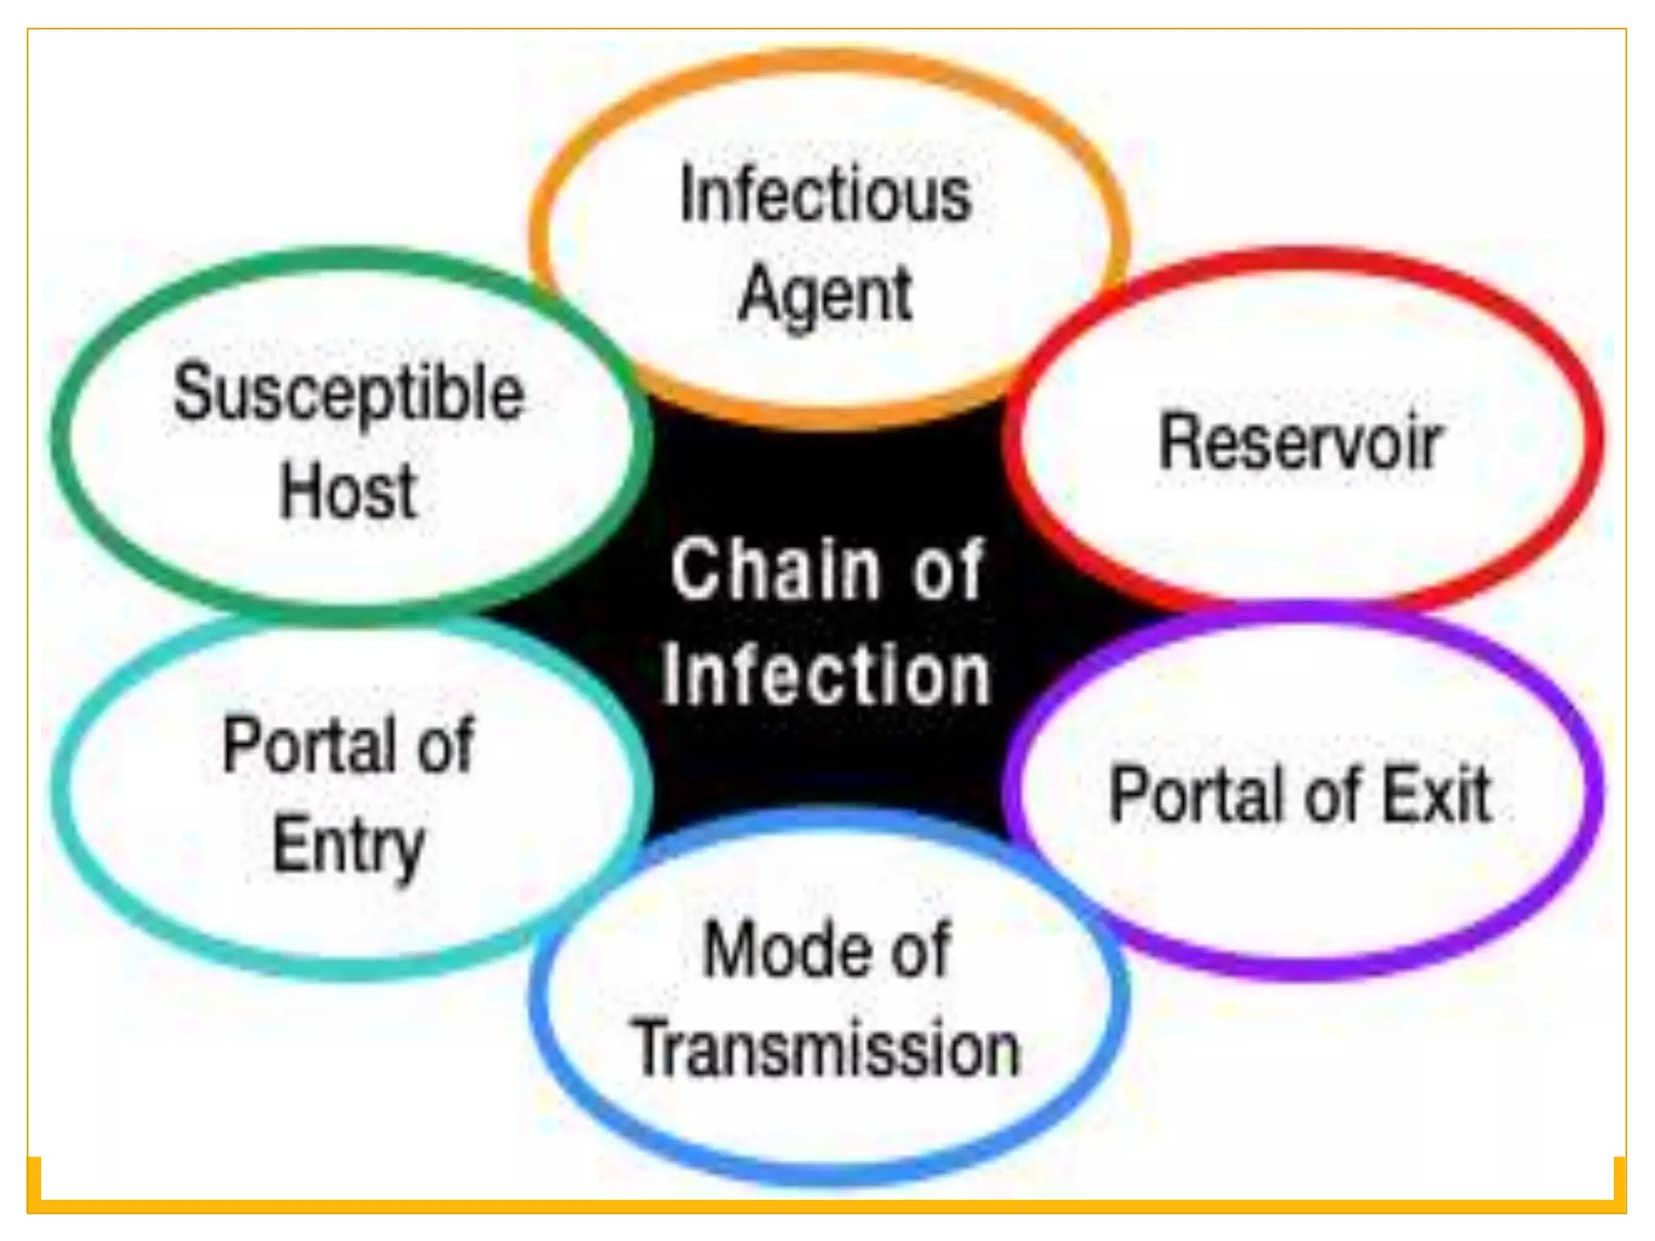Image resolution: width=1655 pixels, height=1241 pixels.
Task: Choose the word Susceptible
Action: click(348, 395)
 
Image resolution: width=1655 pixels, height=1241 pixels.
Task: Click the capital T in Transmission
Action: click(655, 1050)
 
